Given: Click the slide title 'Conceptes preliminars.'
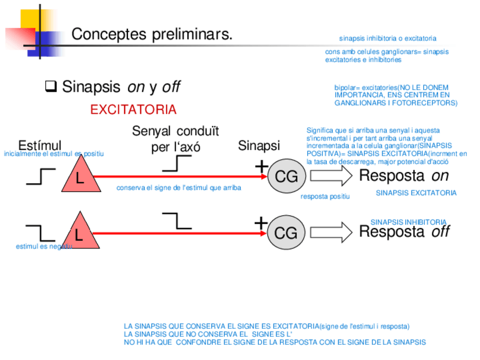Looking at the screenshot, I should click(x=152, y=35).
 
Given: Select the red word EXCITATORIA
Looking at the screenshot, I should click(x=133, y=110).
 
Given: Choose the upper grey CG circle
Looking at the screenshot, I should click(x=286, y=177).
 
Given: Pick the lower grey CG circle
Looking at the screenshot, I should click(x=286, y=232).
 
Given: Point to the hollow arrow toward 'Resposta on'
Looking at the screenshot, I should click(x=331, y=176).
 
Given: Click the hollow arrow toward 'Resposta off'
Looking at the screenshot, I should click(x=331, y=232).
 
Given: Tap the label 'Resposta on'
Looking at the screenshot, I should click(x=404, y=175).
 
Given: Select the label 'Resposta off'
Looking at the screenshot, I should click(x=404, y=232).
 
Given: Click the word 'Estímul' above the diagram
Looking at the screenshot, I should click(x=40, y=145).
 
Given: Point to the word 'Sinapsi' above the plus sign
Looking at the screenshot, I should click(x=259, y=145).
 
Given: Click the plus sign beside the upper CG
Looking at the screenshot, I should click(x=261, y=166).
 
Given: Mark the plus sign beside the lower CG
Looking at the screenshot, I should click(x=261, y=223).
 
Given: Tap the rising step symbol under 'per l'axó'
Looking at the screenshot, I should click(x=177, y=164).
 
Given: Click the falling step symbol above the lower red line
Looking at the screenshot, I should click(x=177, y=220).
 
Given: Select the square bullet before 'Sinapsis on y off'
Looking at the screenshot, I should click(x=50, y=87).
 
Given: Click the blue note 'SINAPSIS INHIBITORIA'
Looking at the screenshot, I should click(x=408, y=222).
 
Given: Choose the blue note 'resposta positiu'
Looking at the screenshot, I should click(x=325, y=196).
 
